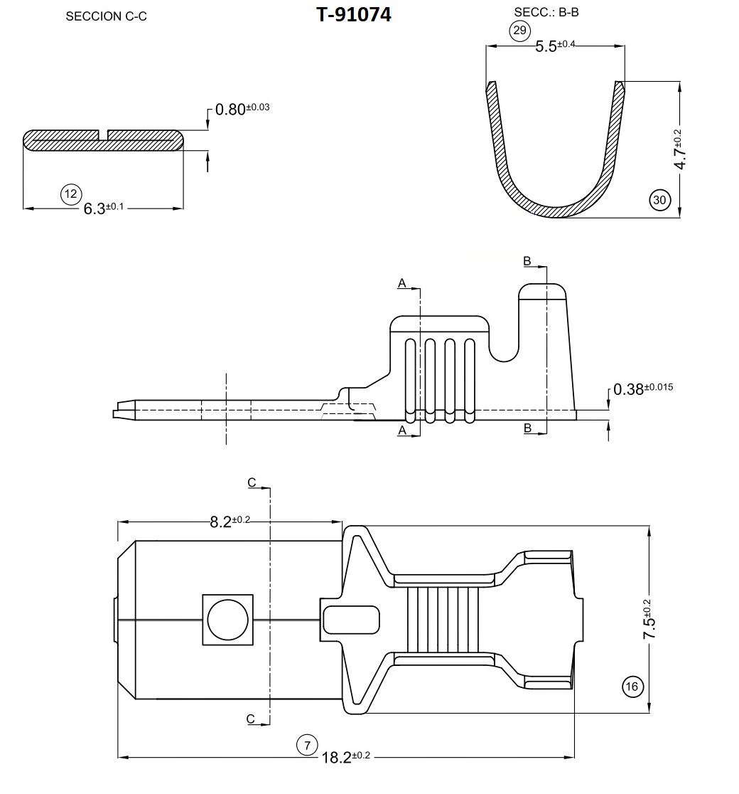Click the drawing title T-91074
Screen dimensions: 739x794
[x=354, y=15]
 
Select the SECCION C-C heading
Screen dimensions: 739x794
[x=106, y=16]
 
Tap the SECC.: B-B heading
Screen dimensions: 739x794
[x=546, y=12]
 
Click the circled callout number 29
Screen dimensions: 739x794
[x=520, y=31]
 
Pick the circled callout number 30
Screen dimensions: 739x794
[x=659, y=200]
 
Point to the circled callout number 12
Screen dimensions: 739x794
[x=71, y=194]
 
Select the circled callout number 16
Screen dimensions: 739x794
[x=632, y=687]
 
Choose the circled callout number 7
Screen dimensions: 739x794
[x=307, y=746]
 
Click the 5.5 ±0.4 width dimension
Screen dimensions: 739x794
[x=555, y=46]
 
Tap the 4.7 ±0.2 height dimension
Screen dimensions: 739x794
[x=679, y=149]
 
